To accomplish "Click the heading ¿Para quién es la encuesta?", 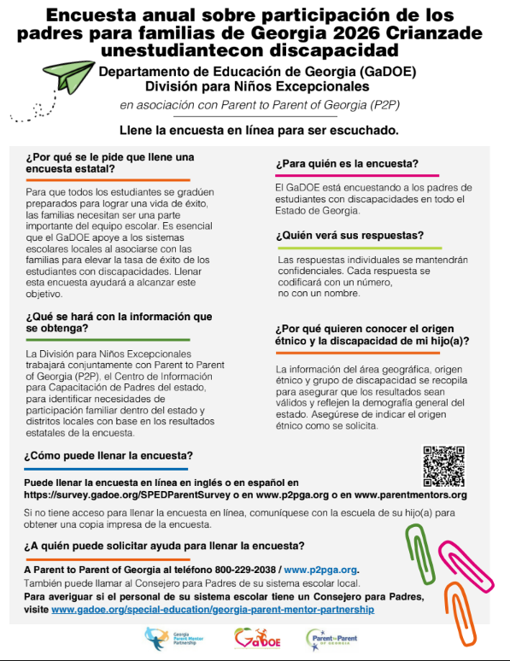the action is coord(346,163).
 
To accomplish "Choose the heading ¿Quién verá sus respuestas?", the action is coord(349,236).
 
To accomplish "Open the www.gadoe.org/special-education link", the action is coord(213,610).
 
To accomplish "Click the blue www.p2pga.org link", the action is coord(320,570).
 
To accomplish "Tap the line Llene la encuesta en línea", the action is coord(259,131).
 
